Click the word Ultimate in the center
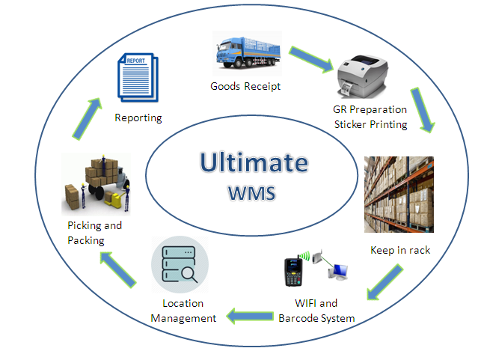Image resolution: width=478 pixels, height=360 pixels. [x=254, y=162]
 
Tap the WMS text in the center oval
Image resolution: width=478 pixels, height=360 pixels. [x=252, y=193]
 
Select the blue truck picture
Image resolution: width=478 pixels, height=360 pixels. [x=248, y=52]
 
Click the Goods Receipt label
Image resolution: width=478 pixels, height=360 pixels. [x=245, y=87]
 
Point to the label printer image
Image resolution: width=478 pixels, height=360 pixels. [x=362, y=76]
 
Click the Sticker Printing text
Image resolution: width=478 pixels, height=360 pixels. [x=371, y=124]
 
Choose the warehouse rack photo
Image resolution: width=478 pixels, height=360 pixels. [x=399, y=195]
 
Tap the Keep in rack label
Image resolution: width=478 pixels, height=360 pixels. [x=400, y=250]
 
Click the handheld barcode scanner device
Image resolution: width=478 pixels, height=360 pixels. [x=294, y=271]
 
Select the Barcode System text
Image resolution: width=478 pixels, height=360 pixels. [x=316, y=318]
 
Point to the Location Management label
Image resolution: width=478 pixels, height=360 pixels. [x=183, y=311]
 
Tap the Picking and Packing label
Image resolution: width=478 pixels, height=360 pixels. [x=94, y=233]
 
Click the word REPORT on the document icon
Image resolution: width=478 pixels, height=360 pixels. [x=136, y=61]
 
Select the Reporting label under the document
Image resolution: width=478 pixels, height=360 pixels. [x=138, y=118]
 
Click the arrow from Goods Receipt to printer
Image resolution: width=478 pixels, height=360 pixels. [x=311, y=59]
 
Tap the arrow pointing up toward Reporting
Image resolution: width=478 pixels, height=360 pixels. [x=88, y=119]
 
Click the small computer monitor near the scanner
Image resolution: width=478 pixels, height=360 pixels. [x=338, y=272]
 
